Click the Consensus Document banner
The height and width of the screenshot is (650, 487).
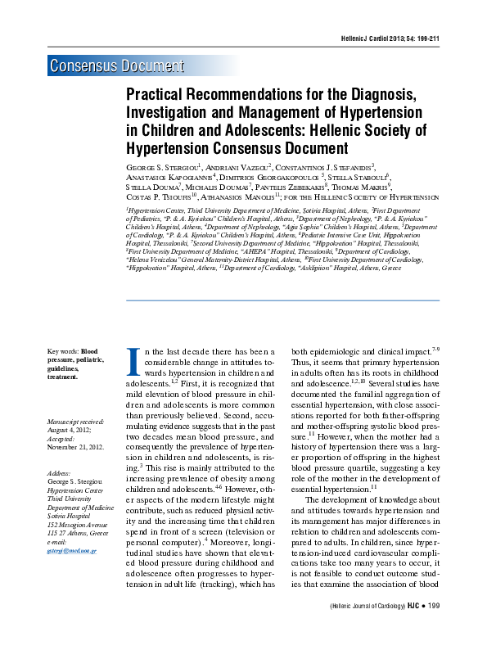coord(116,66)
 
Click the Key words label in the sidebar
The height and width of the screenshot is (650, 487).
coord(63,351)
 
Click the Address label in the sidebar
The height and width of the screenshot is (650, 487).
coord(60,473)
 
